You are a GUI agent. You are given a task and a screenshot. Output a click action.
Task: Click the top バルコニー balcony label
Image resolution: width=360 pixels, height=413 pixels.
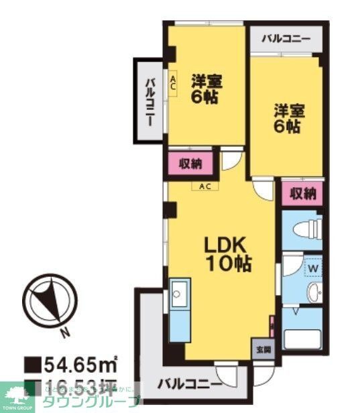pos(286,38)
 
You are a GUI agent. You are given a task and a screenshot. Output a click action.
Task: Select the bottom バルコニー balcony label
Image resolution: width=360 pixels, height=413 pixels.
pos(190,385)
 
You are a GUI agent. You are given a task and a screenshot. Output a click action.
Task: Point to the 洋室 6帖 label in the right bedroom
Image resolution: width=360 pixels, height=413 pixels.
pos(287,119)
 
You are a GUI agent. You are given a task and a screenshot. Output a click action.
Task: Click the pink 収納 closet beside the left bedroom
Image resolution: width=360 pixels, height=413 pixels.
pos(190,163)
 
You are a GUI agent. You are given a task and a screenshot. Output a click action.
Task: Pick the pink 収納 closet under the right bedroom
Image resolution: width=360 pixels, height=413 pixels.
pos(302,194)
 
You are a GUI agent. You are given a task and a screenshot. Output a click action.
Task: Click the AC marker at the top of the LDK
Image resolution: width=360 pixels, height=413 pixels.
pos(204,186)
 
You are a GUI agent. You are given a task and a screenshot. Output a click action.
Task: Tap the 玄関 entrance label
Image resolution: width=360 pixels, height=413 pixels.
pos(262,349)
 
